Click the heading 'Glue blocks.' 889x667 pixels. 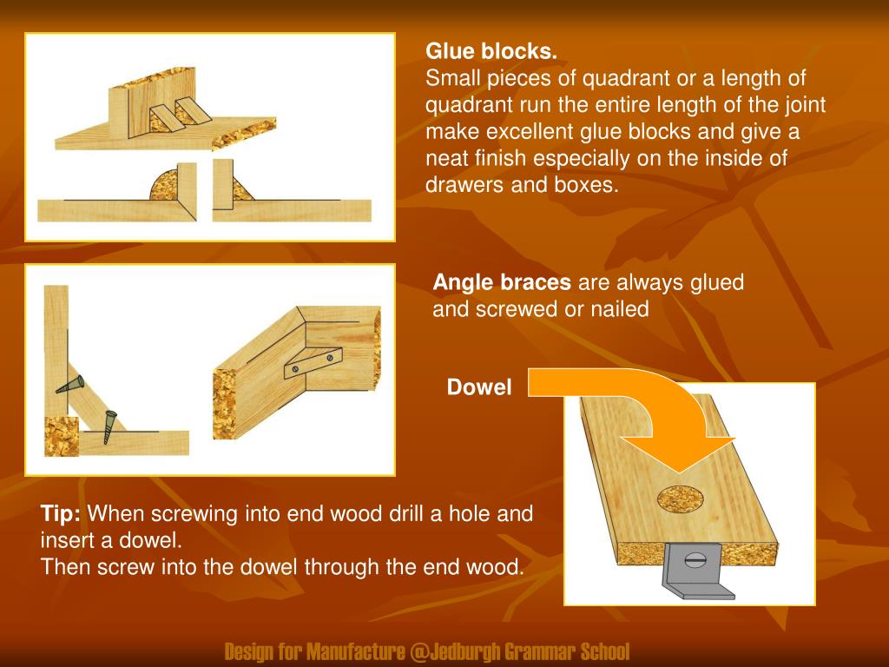click(x=491, y=51)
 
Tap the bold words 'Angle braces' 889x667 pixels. click(x=502, y=283)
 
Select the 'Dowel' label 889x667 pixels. click(x=479, y=388)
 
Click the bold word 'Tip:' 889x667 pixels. click(x=61, y=513)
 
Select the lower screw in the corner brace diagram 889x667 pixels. click(x=109, y=425)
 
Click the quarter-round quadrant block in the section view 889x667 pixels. click(x=163, y=186)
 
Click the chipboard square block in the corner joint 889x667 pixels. click(x=62, y=436)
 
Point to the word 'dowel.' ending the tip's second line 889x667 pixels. click(x=155, y=540)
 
